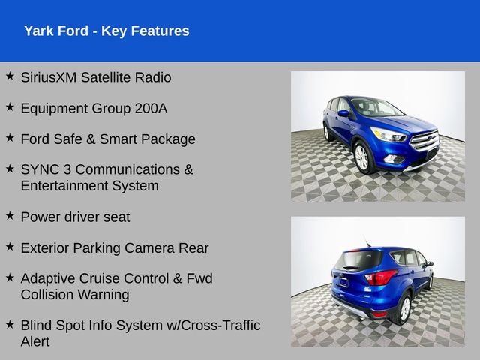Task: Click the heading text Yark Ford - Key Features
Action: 106,31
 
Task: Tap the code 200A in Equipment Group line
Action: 151,108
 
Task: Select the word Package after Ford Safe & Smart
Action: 170,139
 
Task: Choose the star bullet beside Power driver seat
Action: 10,215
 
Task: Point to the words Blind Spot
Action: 55,325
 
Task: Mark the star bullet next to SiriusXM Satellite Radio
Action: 10,76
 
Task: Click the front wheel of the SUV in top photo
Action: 361,157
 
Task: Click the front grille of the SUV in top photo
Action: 424,141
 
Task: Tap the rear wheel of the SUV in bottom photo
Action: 404,307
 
